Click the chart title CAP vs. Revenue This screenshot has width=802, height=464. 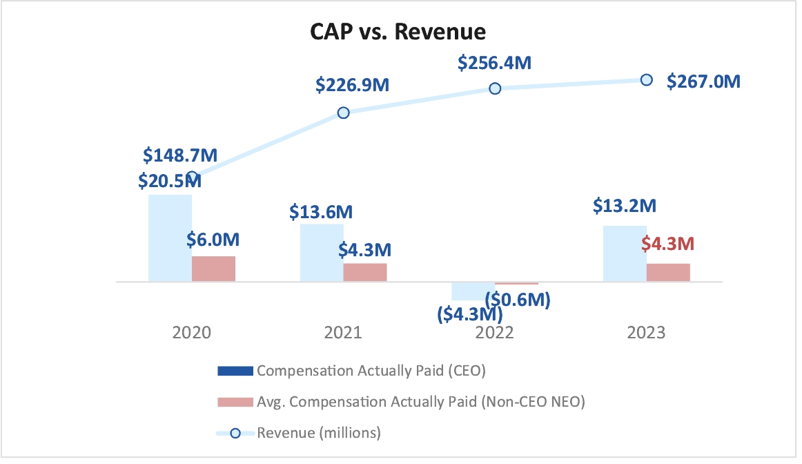pyautogui.click(x=399, y=32)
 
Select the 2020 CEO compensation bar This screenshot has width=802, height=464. pyautogui.click(x=170, y=238)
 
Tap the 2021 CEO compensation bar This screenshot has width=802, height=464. pyautogui.click(x=322, y=253)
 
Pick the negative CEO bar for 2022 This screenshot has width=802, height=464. pyautogui.click(x=473, y=291)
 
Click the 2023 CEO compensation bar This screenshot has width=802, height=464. pyautogui.click(x=625, y=253)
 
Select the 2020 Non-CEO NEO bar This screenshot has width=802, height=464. pyautogui.click(x=213, y=269)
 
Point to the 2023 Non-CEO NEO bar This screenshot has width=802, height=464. pyautogui.click(x=668, y=272)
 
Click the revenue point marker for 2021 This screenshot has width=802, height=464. pyautogui.click(x=343, y=113)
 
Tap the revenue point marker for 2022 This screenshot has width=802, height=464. pyautogui.click(x=495, y=88)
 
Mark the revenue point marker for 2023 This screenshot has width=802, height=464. pyautogui.click(x=646, y=79)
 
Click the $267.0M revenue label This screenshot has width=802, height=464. pyautogui.click(x=703, y=81)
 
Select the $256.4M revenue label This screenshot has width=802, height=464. pyautogui.click(x=494, y=63)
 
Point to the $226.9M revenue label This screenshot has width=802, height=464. pyautogui.click(x=353, y=86)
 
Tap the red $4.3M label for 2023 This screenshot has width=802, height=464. pyautogui.click(x=667, y=244)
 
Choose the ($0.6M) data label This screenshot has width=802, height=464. pyautogui.click(x=518, y=300)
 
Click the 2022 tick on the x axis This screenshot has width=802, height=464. pyautogui.click(x=495, y=333)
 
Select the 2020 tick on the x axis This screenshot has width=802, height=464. pyautogui.click(x=192, y=333)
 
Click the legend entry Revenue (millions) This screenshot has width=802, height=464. pyautogui.click(x=319, y=433)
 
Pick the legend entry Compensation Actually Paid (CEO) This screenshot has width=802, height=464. pyautogui.click(x=371, y=371)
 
